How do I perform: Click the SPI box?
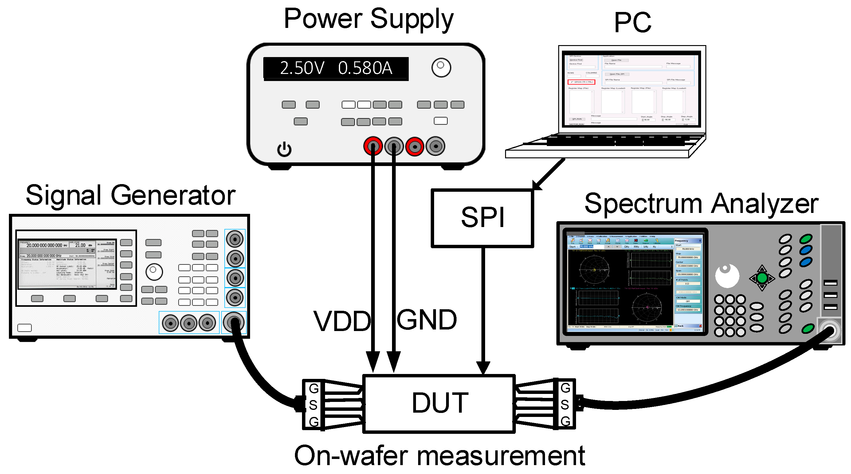pyautogui.click(x=482, y=218)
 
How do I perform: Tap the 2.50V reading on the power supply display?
pyautogui.click(x=302, y=68)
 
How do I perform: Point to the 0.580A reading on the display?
pyautogui.click(x=365, y=68)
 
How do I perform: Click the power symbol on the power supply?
pyautogui.click(x=284, y=149)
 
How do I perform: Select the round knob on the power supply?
pyautogui.click(x=441, y=67)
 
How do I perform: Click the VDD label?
pyautogui.click(x=342, y=321)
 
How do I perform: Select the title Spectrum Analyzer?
pyautogui.click(x=701, y=203)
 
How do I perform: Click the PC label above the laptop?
pyautogui.click(x=632, y=22)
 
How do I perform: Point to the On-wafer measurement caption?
pyautogui.click(x=439, y=456)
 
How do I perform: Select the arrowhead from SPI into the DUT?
pyautogui.click(x=483, y=367)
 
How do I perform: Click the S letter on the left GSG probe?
pyautogui.click(x=313, y=405)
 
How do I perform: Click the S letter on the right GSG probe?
pyautogui.click(x=565, y=404)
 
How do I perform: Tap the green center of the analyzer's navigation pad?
pyautogui.click(x=762, y=278)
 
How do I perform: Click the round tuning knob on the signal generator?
pyautogui.click(x=154, y=272)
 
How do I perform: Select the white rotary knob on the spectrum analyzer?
pyautogui.click(x=727, y=276)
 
